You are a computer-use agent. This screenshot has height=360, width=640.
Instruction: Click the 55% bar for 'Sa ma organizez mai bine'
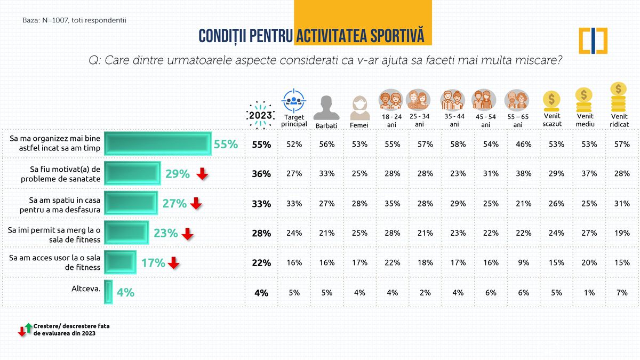[157, 144]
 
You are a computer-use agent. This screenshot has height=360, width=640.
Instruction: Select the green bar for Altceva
[108, 292]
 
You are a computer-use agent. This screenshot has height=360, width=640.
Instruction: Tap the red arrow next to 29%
[202, 173]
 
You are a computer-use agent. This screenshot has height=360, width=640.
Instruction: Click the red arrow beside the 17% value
[173, 262]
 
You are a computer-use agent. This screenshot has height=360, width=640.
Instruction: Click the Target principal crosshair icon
[294, 100]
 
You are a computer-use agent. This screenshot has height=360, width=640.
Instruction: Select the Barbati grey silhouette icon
[326, 108]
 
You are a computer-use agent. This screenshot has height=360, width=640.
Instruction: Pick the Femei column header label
[358, 125]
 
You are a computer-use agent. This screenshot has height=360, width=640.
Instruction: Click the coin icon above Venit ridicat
[618, 97]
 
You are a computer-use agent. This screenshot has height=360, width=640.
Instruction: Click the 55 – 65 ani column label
[517, 120]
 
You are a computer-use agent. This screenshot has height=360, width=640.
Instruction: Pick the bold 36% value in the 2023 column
[262, 174]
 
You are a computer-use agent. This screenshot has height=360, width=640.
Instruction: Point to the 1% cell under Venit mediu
[585, 292]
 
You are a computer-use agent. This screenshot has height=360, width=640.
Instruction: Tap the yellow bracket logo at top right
[593, 41]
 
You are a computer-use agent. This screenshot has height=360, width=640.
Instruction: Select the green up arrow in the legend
[28, 326]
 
